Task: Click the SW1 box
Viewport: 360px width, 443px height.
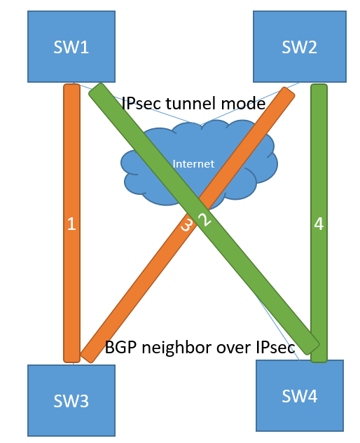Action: pos(71,47)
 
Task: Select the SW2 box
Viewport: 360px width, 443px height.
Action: pos(300,47)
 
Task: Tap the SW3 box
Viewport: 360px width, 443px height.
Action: pos(71,400)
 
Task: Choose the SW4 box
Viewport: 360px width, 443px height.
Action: pos(300,395)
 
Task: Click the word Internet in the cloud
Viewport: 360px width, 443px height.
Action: pos(193,164)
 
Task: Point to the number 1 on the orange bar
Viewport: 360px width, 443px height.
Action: pos(71,224)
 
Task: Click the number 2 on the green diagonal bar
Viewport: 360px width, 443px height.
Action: pos(205,219)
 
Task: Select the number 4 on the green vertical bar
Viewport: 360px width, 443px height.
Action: pos(319,224)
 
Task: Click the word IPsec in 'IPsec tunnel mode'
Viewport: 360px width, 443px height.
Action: pos(141,104)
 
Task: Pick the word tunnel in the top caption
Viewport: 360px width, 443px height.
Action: pos(191,104)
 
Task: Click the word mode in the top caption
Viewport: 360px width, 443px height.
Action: pos(243,104)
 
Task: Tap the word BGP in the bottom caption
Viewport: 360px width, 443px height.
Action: pos(121,347)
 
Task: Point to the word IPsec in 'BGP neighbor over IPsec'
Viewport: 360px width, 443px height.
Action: pos(275,347)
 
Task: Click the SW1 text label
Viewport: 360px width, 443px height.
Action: pos(71,47)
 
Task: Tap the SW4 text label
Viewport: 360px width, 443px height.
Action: pos(300,396)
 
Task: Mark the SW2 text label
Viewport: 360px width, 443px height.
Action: pos(300,47)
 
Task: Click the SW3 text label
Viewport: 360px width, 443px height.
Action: pos(71,401)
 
